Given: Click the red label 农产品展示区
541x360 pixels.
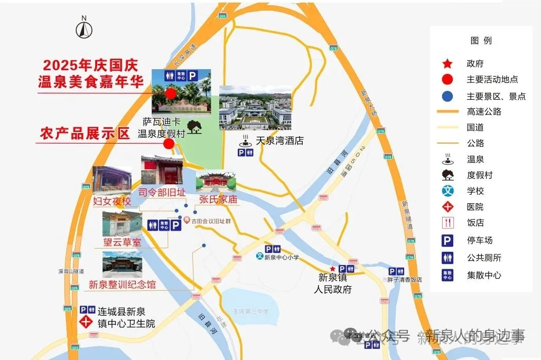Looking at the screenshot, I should click(85, 134).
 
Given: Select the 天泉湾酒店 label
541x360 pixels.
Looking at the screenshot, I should click(279, 141).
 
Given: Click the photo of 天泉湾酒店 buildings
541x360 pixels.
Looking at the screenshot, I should click(255, 108).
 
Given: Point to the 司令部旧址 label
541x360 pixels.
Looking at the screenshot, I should click(161, 192).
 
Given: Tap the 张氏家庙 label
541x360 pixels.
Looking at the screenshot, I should click(218, 199).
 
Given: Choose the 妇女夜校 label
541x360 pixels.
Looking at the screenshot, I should click(112, 201).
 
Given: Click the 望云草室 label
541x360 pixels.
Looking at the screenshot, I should click(122, 242).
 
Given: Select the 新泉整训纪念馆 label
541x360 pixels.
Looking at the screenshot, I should click(122, 285).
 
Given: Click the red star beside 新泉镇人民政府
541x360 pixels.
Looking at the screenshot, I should click(332, 269).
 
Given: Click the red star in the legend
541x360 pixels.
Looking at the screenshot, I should click(447, 64).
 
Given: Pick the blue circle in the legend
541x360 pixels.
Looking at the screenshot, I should click(447, 96).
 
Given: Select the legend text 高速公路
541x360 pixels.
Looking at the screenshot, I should click(483, 112).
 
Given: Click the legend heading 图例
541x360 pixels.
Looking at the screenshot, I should click(481, 41).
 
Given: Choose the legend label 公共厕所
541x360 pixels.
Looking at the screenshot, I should click(483, 258).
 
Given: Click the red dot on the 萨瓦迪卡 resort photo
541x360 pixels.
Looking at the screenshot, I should click(170, 93).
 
